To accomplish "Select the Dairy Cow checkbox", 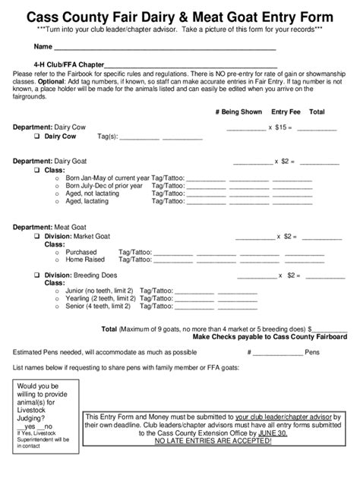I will [36, 137].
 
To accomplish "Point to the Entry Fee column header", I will [279, 112].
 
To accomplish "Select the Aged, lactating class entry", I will [90, 202].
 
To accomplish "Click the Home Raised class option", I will [85, 259].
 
